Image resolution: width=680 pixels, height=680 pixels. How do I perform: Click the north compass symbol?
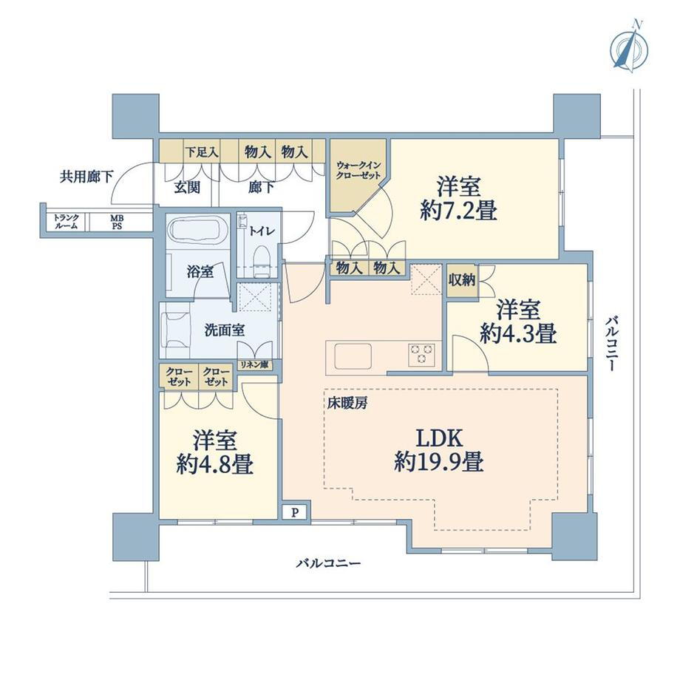(629, 48)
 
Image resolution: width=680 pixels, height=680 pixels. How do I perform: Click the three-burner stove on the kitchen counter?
(421, 353)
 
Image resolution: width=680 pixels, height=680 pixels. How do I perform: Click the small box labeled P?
(296, 513)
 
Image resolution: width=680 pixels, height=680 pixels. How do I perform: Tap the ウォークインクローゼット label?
(358, 171)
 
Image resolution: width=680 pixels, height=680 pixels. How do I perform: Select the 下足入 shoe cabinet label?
(202, 152)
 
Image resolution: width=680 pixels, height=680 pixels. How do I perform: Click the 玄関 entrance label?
(187, 187)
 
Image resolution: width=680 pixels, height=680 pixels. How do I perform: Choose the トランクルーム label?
(66, 222)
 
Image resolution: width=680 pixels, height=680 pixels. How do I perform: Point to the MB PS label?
(116, 222)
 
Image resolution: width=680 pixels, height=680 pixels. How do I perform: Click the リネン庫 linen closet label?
(255, 364)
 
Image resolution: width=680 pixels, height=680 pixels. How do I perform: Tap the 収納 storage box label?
(462, 280)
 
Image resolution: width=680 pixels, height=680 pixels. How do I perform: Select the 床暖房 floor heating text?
(347, 404)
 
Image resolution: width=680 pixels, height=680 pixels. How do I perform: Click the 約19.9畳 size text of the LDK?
(438, 461)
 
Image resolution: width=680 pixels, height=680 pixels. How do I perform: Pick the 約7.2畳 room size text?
(458, 211)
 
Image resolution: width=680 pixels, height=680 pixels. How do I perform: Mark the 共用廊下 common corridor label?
(86, 177)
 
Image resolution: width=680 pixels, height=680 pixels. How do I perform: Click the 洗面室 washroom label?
(225, 330)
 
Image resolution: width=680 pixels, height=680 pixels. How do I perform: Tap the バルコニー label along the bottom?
(329, 564)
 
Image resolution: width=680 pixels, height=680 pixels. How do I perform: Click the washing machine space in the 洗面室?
(176, 330)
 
